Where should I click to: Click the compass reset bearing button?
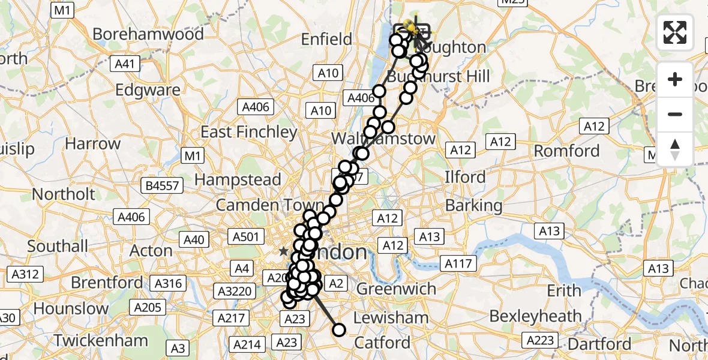click(675, 149)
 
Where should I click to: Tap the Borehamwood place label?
click(149, 34)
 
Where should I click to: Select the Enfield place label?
click(326, 40)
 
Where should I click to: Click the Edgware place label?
click(148, 91)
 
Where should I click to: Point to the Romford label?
click(566, 151)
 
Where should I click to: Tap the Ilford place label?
click(465, 178)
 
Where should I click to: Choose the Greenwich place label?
click(396, 289)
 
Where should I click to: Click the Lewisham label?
click(391, 317)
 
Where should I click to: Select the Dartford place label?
click(601, 344)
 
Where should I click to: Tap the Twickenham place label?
click(100, 341)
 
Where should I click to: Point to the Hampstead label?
click(238, 179)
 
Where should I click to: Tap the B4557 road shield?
click(163, 186)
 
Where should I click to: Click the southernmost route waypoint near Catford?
click(339, 329)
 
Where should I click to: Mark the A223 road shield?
click(539, 340)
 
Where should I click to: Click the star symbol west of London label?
click(283, 252)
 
